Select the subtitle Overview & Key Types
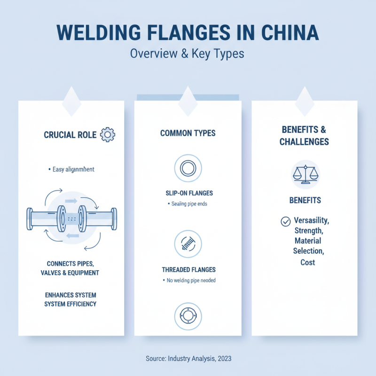tap(188, 53)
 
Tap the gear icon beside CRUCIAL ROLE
tap(108, 135)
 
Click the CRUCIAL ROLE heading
tap(70, 135)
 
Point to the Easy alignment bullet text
tap(71, 169)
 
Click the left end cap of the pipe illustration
tap(30, 219)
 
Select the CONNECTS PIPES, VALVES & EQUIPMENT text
tap(73, 268)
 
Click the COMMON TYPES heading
tap(188, 133)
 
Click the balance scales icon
tap(305, 174)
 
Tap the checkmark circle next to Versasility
tap(285, 221)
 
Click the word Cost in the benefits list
tap(308, 262)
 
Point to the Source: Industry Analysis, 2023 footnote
tap(188, 359)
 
